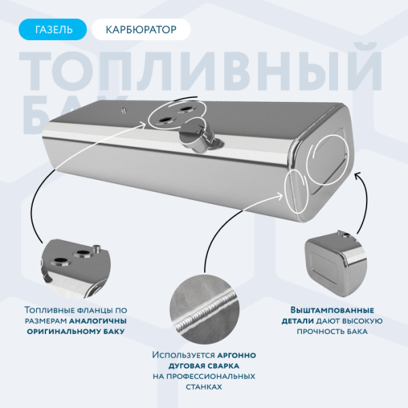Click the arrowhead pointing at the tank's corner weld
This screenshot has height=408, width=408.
[x=282, y=193]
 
